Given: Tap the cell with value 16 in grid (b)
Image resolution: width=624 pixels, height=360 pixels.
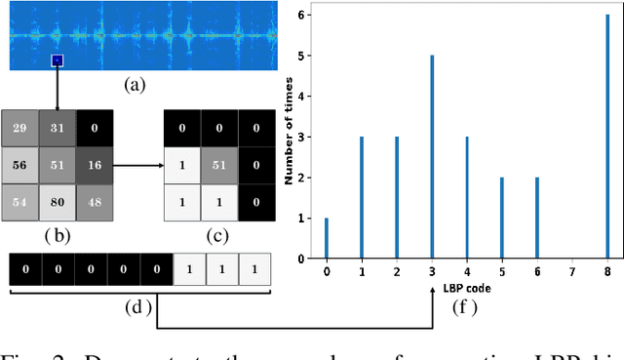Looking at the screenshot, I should tap(95, 167).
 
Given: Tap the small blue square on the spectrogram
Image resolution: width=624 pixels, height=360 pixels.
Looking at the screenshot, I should tap(58, 61).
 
